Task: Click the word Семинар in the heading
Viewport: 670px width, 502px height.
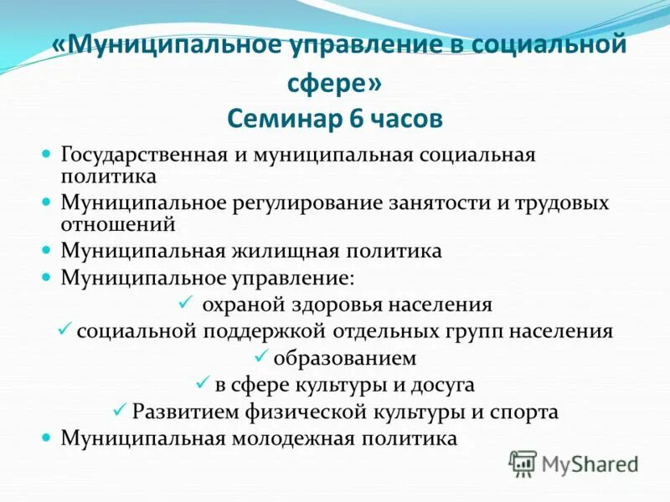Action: tap(279, 118)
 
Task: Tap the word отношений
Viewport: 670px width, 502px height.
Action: tap(117, 223)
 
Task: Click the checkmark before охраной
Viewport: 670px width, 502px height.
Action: tap(186, 302)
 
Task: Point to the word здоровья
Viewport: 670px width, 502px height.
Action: tap(363, 305)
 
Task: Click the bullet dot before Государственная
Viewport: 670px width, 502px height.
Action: tap(48, 155)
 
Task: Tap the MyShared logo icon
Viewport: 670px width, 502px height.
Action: tap(523, 463)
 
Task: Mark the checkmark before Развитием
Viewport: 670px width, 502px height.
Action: tap(119, 410)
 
